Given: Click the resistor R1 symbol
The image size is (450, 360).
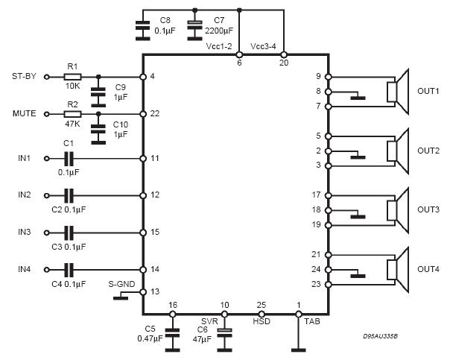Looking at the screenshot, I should coord(72,76).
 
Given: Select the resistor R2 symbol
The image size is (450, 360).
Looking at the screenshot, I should coord(72,114).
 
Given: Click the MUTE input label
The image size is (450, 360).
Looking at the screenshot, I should coord(25,114).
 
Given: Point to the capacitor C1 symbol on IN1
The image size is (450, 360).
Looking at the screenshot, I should coord(69,158).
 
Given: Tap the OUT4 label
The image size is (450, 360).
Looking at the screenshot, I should coord(428,269).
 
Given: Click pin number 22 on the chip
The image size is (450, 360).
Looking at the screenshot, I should coord(154,114).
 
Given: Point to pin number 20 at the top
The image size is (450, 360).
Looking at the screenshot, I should coord(284,63).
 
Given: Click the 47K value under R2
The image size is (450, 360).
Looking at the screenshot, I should coord(72,125).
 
